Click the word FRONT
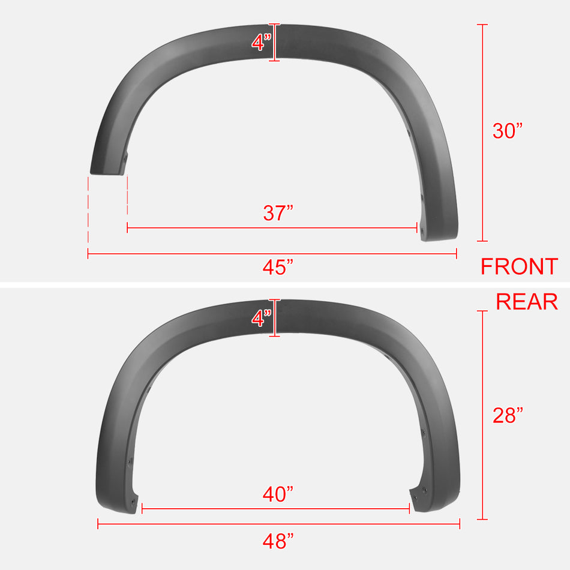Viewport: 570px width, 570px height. tap(519, 266)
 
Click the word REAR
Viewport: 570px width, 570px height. tap(526, 302)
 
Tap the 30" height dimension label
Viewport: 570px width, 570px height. tap(508, 131)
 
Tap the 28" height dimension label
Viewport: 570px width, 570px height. tap(508, 415)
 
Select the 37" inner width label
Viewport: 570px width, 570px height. tap(278, 213)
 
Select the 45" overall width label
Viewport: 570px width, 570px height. tap(278, 268)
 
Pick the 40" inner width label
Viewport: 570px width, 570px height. tap(278, 494)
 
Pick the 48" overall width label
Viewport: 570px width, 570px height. tap(278, 541)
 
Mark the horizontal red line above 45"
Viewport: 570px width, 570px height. tap(272, 254)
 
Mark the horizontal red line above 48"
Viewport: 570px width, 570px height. tap(278, 524)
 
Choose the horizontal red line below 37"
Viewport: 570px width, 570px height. tap(272, 228)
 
